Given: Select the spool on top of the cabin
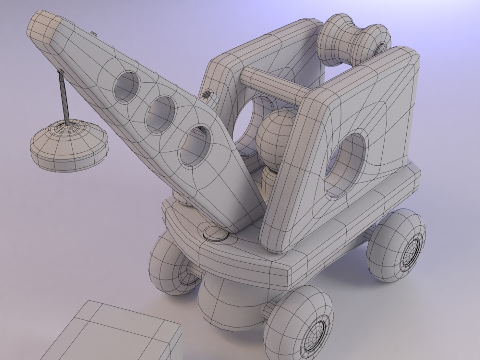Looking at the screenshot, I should click(x=354, y=40).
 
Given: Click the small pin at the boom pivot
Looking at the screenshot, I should click(x=207, y=94).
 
